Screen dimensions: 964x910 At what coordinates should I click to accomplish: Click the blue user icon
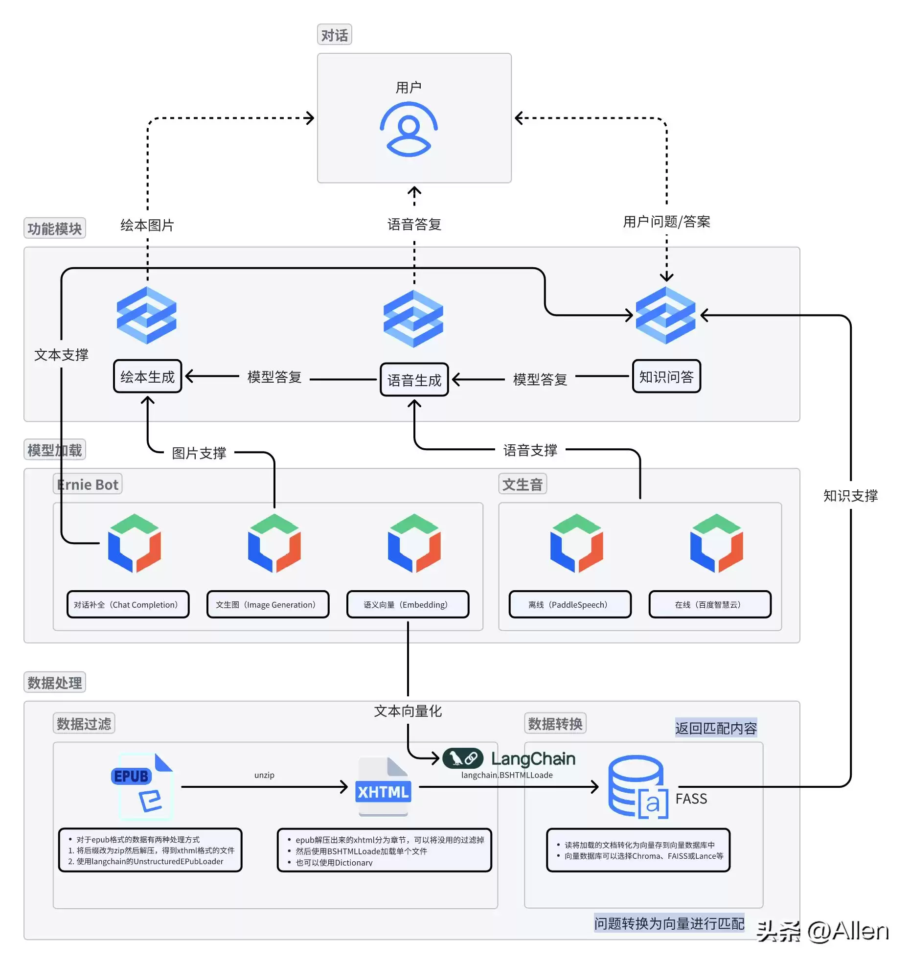(409, 129)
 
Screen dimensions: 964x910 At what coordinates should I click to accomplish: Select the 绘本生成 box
(147, 376)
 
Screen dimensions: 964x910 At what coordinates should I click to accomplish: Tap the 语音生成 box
(414, 380)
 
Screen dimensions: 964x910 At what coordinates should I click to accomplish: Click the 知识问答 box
(666, 376)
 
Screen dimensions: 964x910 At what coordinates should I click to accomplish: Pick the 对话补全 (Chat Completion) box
(128, 604)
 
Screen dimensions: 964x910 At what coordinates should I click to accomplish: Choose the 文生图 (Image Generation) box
(268, 604)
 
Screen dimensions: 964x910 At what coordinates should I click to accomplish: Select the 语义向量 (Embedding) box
(408, 604)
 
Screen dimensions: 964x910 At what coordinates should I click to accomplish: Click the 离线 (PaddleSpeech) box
(570, 604)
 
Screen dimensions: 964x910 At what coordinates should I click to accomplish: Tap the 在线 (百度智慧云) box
(709, 604)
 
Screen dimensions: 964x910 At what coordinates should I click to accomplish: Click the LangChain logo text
(533, 758)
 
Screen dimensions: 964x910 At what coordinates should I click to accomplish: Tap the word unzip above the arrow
(264, 775)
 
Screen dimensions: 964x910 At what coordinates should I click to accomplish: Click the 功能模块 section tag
(54, 229)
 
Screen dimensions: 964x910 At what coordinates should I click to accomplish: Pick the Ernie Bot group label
(88, 484)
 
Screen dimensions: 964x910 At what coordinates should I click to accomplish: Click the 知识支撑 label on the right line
(850, 496)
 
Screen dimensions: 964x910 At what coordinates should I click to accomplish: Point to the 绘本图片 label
(147, 225)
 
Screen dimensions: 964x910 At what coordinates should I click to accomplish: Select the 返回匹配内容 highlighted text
(715, 728)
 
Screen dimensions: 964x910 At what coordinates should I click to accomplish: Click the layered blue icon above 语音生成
(413, 319)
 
